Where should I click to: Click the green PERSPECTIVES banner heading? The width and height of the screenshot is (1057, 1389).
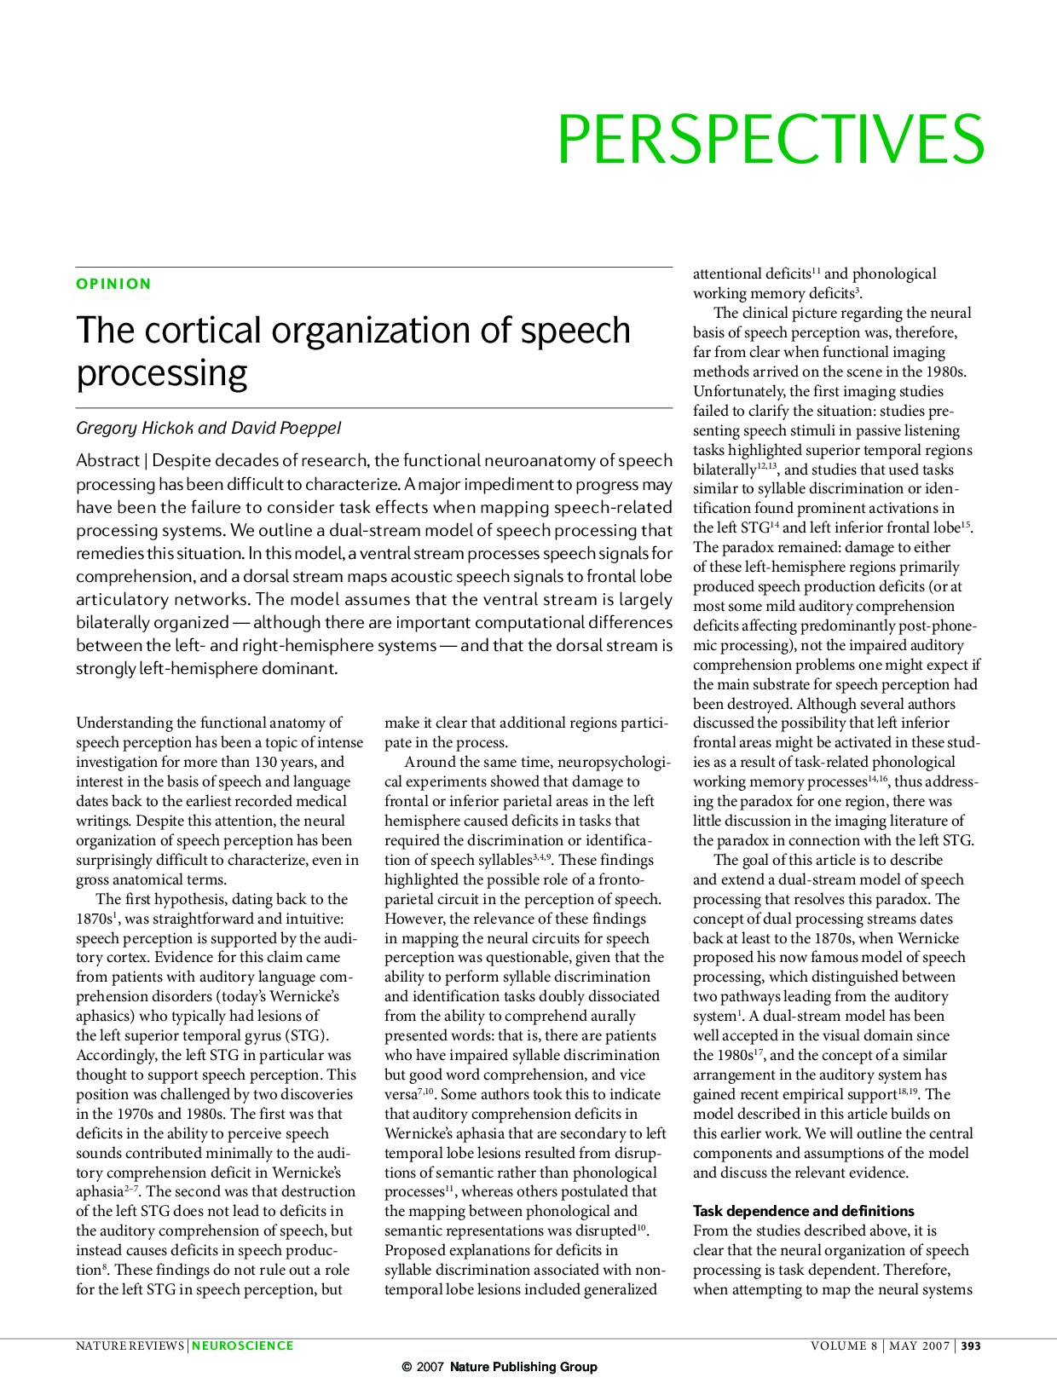point(771,139)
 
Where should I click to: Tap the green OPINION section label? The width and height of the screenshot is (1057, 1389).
point(113,284)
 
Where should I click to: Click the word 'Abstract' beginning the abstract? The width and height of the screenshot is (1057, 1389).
point(107,461)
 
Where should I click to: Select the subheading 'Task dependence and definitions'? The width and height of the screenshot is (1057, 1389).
point(803,1211)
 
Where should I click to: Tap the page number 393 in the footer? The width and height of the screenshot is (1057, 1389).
point(972,1346)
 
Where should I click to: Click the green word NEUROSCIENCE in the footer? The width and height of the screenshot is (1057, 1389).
point(243,1346)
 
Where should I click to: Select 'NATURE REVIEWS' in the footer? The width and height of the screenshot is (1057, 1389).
point(130,1346)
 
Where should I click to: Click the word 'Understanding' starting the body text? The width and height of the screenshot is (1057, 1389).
point(118,723)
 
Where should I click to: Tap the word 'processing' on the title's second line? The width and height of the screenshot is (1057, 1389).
point(161,374)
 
